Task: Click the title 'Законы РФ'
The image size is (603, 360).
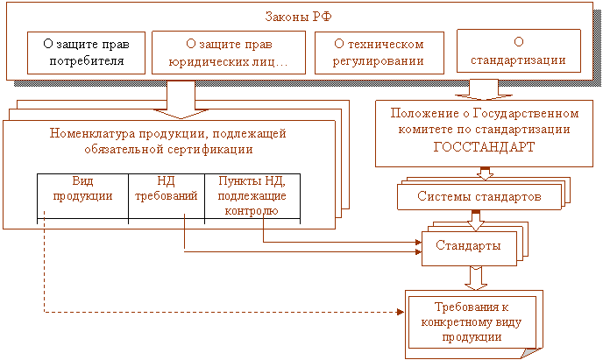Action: tap(298, 17)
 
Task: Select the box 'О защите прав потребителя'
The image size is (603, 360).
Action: tap(86, 53)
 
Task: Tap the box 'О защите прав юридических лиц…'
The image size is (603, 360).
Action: tap(229, 53)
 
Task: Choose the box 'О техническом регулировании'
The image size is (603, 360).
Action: tap(380, 53)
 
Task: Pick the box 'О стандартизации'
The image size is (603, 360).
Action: tap(518, 51)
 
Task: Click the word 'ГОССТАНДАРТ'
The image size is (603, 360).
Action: tap(484, 147)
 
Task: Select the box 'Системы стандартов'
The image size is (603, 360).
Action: tap(479, 197)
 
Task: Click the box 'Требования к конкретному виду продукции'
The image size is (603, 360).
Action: tap(472, 322)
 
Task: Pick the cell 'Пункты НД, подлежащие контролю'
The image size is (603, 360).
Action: tap(252, 196)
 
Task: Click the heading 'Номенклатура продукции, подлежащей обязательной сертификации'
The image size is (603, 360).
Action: tap(168, 141)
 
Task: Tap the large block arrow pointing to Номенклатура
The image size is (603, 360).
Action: tap(181, 100)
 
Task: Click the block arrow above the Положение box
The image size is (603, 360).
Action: tap(484, 89)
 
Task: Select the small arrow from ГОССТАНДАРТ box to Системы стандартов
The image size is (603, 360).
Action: tap(485, 173)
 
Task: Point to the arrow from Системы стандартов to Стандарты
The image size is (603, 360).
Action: tap(476, 221)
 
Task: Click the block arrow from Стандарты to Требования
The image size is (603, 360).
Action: tap(476, 279)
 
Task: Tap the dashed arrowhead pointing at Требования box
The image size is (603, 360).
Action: tap(401, 312)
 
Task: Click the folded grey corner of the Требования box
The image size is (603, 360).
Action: tap(531, 353)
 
